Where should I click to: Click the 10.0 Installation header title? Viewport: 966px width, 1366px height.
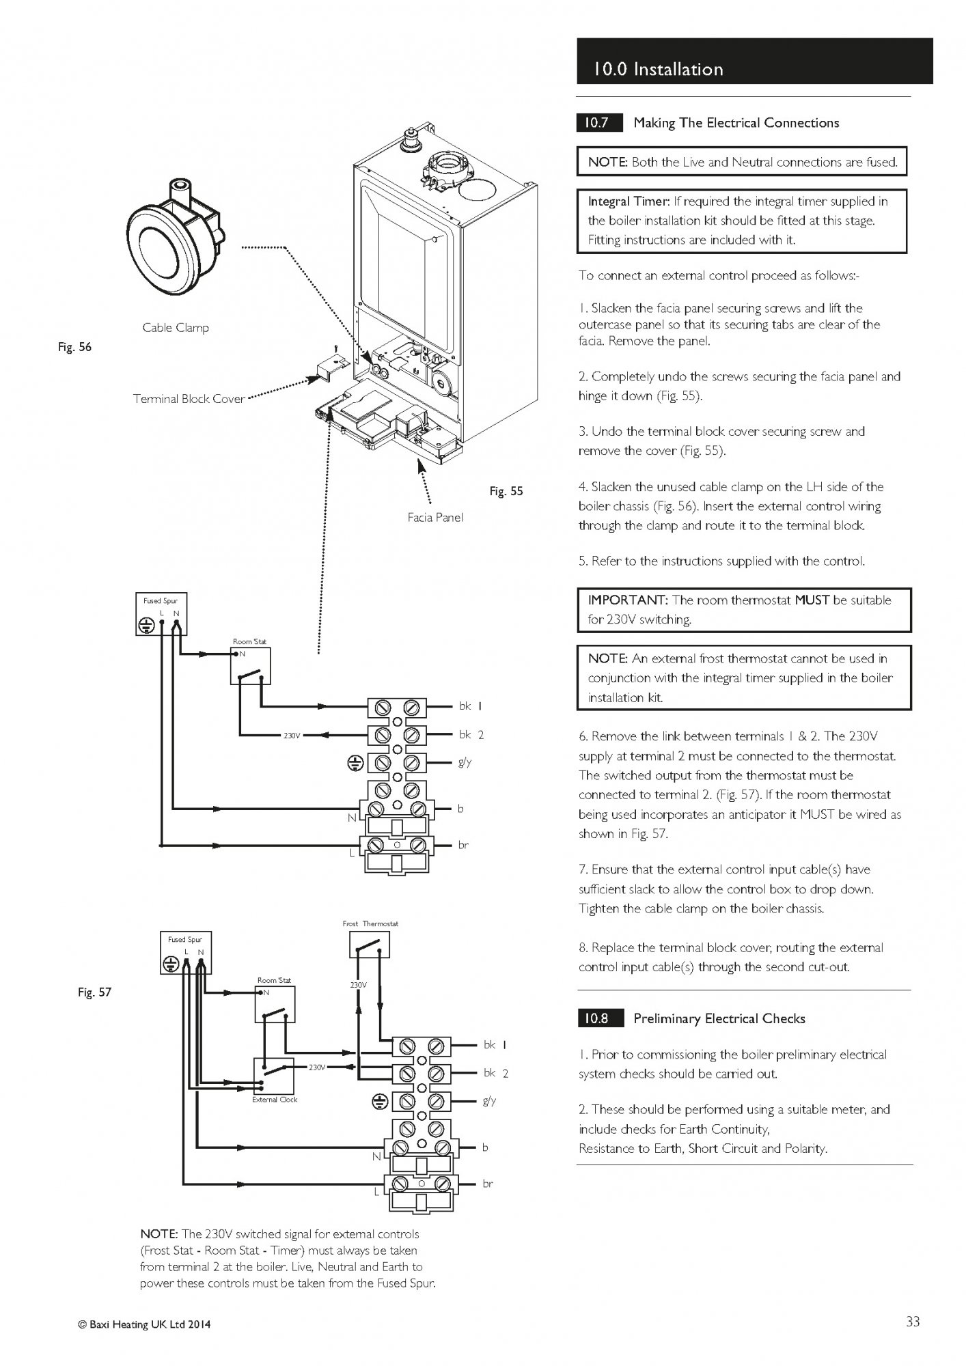[x=657, y=69]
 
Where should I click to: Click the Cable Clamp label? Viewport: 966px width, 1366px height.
[x=176, y=328]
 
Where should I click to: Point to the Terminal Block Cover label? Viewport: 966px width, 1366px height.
[x=189, y=399]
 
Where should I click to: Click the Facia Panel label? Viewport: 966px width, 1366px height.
[x=435, y=518]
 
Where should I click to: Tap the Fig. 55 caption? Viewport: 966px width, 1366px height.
[x=506, y=491]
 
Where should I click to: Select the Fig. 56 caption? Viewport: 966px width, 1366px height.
[x=74, y=347]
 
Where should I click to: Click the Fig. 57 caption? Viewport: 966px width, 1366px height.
[x=94, y=992]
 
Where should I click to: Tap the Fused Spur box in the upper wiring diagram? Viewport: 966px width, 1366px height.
[x=161, y=614]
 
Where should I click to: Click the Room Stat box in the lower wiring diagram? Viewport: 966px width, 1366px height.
[x=275, y=1003]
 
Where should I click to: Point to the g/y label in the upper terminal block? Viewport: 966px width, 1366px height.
[x=465, y=762]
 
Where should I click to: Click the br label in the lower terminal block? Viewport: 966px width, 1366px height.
[x=487, y=1184]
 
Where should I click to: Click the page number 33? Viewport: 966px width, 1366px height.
[x=913, y=1322]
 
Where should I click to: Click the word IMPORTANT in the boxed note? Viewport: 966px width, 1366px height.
[x=626, y=600]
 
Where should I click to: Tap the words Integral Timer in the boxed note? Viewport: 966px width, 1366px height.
[x=627, y=201]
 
